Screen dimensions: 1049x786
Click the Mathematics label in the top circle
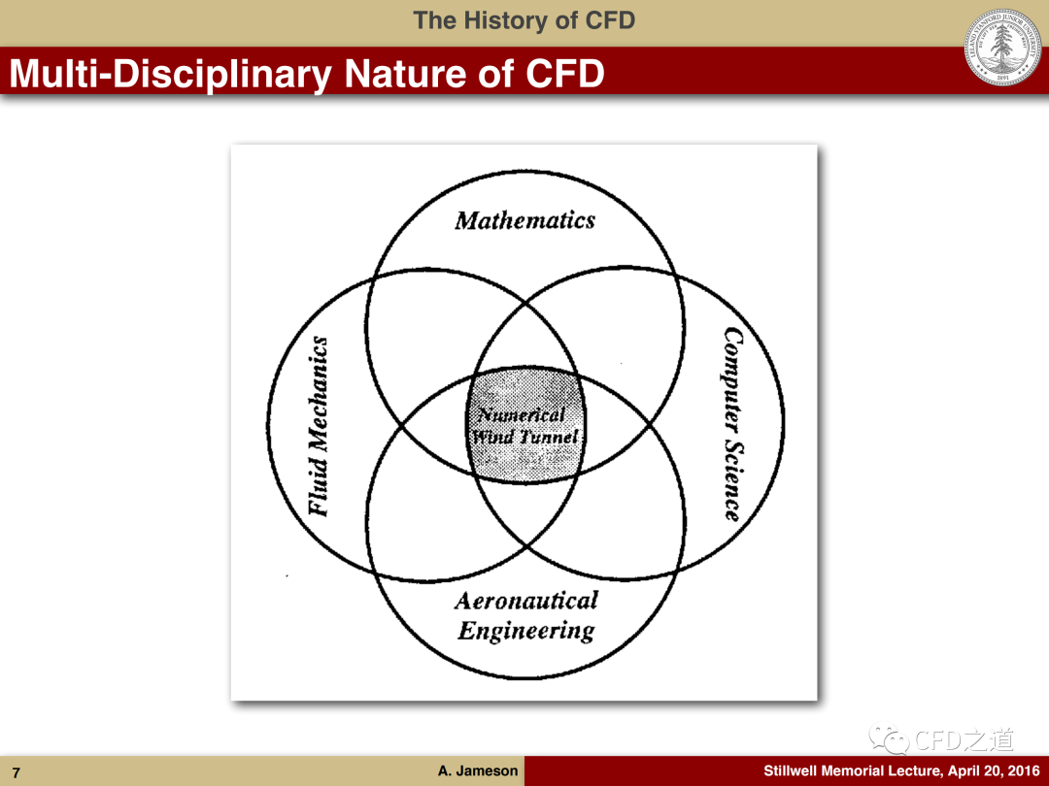click(x=525, y=220)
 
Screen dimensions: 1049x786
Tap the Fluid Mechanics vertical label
click(x=319, y=426)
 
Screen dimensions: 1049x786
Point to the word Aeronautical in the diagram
click(x=526, y=601)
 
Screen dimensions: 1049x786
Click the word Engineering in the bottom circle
click(x=526, y=631)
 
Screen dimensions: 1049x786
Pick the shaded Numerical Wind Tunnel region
click(x=525, y=424)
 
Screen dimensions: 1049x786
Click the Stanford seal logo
click(x=1002, y=47)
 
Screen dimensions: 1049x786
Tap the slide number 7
click(x=17, y=772)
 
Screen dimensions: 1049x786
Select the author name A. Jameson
click(x=478, y=770)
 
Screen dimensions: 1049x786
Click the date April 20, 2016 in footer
click(x=994, y=770)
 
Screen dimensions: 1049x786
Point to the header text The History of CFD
click(x=524, y=20)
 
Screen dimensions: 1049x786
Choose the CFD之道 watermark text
click(x=964, y=739)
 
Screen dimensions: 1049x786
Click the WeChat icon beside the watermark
click(x=889, y=738)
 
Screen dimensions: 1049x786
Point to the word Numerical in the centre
click(x=522, y=415)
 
